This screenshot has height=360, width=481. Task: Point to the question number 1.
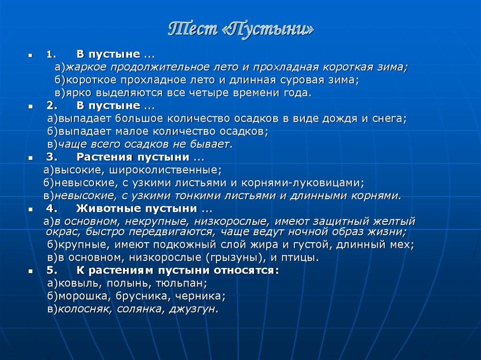50,54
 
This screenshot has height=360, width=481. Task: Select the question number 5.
52,270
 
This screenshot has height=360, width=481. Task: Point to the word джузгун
194,309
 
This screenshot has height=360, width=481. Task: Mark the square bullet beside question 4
30,209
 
